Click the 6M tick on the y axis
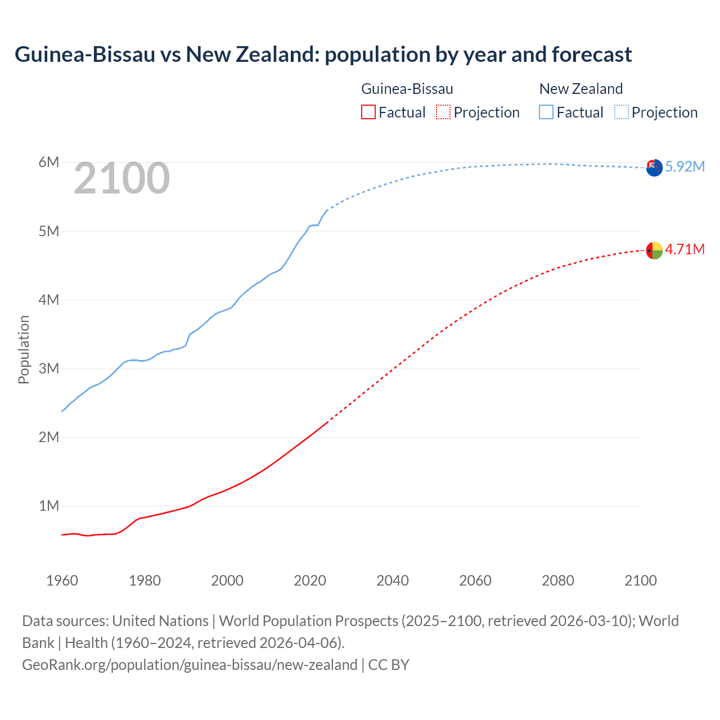pyautogui.click(x=49, y=163)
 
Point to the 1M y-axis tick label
pyautogui.click(x=49, y=506)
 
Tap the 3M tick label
pyautogui.click(x=49, y=368)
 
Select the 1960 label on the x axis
pyautogui.click(x=62, y=580)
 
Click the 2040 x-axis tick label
pyautogui.click(x=393, y=580)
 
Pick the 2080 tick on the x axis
pyautogui.click(x=558, y=580)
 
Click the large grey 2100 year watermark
pyautogui.click(x=121, y=178)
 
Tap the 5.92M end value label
pyautogui.click(x=685, y=166)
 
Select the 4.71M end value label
pyautogui.click(x=685, y=249)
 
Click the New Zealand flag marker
pyautogui.click(x=654, y=168)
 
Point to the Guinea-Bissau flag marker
pyautogui.click(x=654, y=250)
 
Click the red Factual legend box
pyautogui.click(x=368, y=112)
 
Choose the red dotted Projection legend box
pyautogui.click(x=443, y=112)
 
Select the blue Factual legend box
pyautogui.click(x=546, y=112)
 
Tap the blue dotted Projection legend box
pyautogui.click(x=621, y=112)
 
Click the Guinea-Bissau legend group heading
pyautogui.click(x=407, y=89)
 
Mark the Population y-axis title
pyautogui.click(x=24, y=349)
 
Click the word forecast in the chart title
pyautogui.click(x=592, y=55)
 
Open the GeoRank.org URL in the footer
pyautogui.click(x=190, y=665)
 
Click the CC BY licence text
pyautogui.click(x=389, y=665)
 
